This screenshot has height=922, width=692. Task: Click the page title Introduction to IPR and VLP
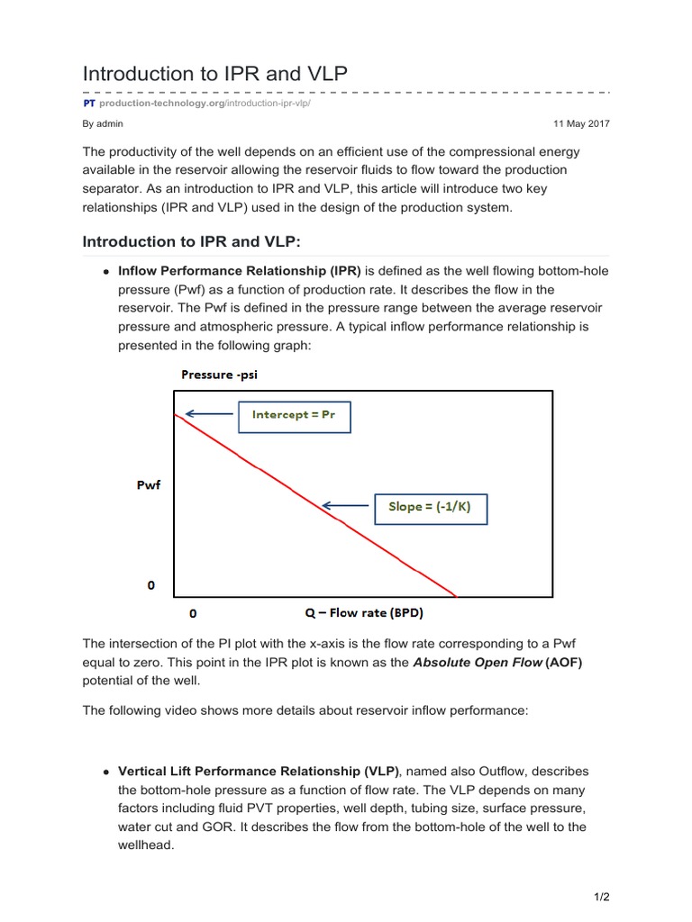[x=214, y=74]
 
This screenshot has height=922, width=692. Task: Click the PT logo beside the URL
[x=89, y=104]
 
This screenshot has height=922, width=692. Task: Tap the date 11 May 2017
[x=581, y=123]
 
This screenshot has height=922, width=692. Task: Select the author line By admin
[x=103, y=123]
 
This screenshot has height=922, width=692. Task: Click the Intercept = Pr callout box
[x=293, y=417]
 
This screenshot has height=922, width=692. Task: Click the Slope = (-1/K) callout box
[x=430, y=507]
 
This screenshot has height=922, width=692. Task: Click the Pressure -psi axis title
[x=219, y=375]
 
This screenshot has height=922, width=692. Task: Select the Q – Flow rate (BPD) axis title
[x=364, y=614]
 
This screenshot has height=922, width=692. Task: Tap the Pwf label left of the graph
[x=149, y=485]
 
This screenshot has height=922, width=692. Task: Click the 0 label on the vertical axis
[x=150, y=585]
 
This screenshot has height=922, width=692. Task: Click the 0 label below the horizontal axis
[x=192, y=614]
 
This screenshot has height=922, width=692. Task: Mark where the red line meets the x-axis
[x=457, y=596]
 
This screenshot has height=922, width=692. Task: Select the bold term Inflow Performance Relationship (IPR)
[x=240, y=271]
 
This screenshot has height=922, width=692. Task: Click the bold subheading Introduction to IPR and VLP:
[x=199, y=241]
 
